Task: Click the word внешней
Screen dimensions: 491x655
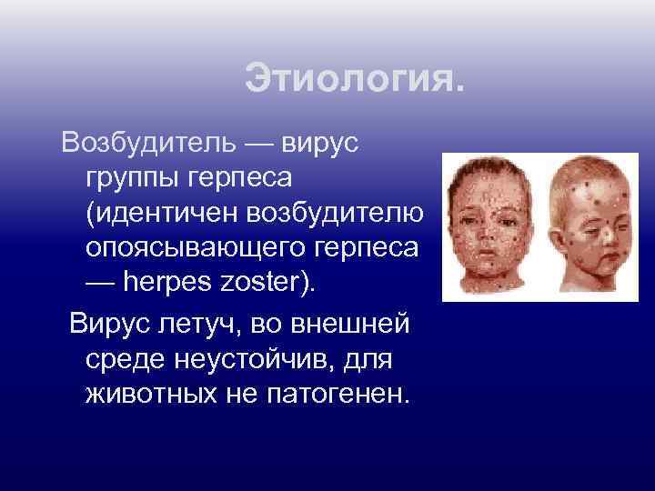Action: tap(360, 325)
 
